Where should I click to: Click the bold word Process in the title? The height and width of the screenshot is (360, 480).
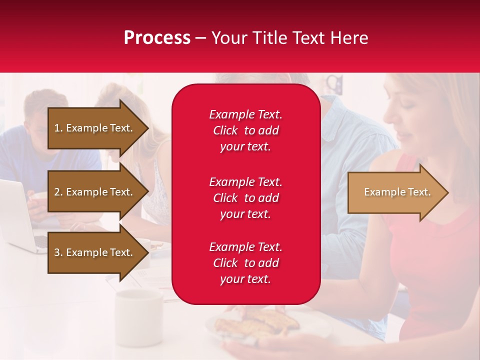point(157,38)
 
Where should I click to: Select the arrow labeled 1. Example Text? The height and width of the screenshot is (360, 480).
point(95,128)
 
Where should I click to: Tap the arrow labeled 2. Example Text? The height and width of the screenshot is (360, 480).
point(95,192)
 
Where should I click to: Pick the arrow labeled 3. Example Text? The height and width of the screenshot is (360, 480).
point(95,252)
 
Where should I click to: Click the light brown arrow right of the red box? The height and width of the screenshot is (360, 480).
point(395,192)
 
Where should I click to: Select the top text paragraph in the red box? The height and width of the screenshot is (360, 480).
point(245,130)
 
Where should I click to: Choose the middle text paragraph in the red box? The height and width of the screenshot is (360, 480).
point(245,198)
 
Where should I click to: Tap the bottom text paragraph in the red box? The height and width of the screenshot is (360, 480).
point(245,263)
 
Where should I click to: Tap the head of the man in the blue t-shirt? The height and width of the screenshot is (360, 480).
point(45,107)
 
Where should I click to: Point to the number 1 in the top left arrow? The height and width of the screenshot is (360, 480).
point(57,128)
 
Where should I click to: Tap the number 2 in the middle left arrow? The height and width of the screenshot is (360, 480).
point(57,192)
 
